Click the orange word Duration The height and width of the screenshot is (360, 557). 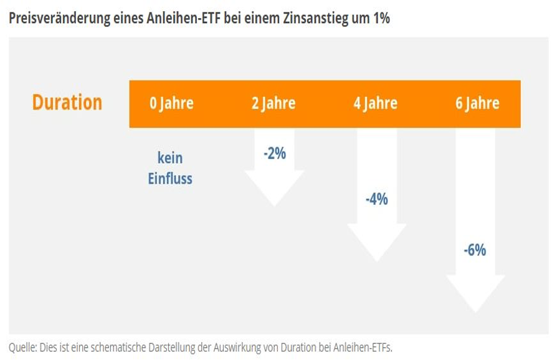click(x=67, y=103)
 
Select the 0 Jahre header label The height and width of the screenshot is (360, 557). click(x=171, y=103)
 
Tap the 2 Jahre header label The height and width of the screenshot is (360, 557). click(x=274, y=103)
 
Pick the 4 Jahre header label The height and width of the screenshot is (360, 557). click(x=375, y=103)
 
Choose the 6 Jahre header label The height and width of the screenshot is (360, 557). click(x=477, y=103)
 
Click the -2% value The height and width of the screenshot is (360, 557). click(x=274, y=153)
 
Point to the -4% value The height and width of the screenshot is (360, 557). click(x=376, y=199)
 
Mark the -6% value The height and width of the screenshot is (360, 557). click(x=475, y=250)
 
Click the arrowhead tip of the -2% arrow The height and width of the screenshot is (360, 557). click(x=274, y=204)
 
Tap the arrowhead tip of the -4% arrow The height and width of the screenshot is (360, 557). click(x=376, y=260)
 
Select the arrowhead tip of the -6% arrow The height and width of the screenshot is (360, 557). click(x=476, y=310)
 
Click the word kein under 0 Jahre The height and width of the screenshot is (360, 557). click(x=170, y=158)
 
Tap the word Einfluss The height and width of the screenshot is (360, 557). click(x=170, y=179)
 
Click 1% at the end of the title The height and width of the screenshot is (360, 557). click(x=379, y=17)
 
